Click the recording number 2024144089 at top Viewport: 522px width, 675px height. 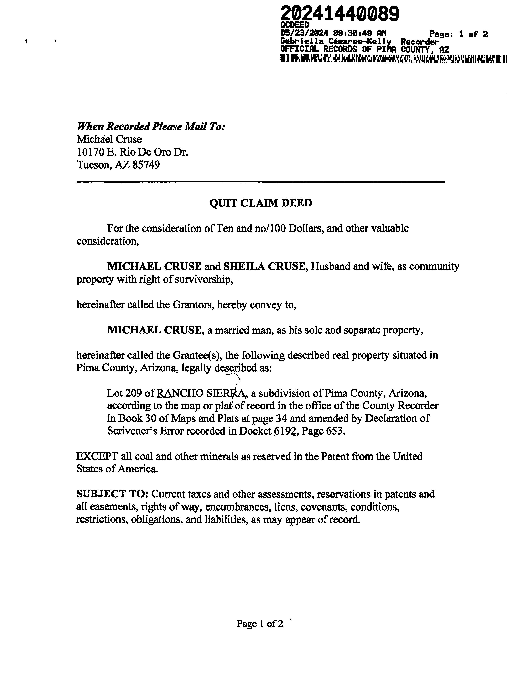coord(340,14)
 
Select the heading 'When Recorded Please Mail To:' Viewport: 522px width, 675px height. coord(151,126)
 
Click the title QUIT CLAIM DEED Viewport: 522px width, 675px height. coord(261,203)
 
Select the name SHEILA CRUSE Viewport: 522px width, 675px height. coord(264,266)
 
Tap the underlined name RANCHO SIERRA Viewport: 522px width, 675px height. coord(201,393)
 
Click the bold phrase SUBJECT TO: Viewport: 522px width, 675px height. coord(113,494)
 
